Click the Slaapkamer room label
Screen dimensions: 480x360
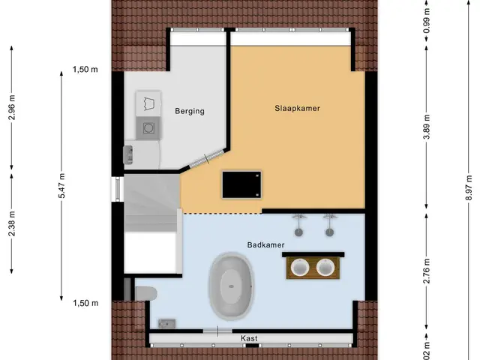(x=297, y=108)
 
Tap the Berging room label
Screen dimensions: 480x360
(x=190, y=111)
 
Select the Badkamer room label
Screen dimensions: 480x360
(x=265, y=245)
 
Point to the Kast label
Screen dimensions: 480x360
(x=249, y=338)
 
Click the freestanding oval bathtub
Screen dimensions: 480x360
(x=232, y=286)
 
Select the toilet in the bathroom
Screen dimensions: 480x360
(x=145, y=293)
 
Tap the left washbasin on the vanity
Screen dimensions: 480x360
(x=300, y=267)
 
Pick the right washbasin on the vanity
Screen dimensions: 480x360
(x=325, y=267)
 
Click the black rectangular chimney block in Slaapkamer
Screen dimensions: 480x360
(x=241, y=184)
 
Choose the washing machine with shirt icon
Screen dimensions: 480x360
(x=148, y=103)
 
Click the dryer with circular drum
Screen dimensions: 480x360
(x=148, y=128)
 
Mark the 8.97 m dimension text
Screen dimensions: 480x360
(x=468, y=187)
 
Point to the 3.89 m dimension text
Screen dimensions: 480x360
(x=427, y=127)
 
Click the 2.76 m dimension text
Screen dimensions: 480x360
(x=427, y=271)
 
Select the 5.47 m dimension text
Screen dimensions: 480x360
(x=61, y=185)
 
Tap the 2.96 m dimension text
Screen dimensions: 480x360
(x=12, y=108)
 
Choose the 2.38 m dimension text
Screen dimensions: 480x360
(x=12, y=223)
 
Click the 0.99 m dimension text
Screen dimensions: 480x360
(x=427, y=20)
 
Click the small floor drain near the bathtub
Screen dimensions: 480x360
(x=166, y=323)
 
